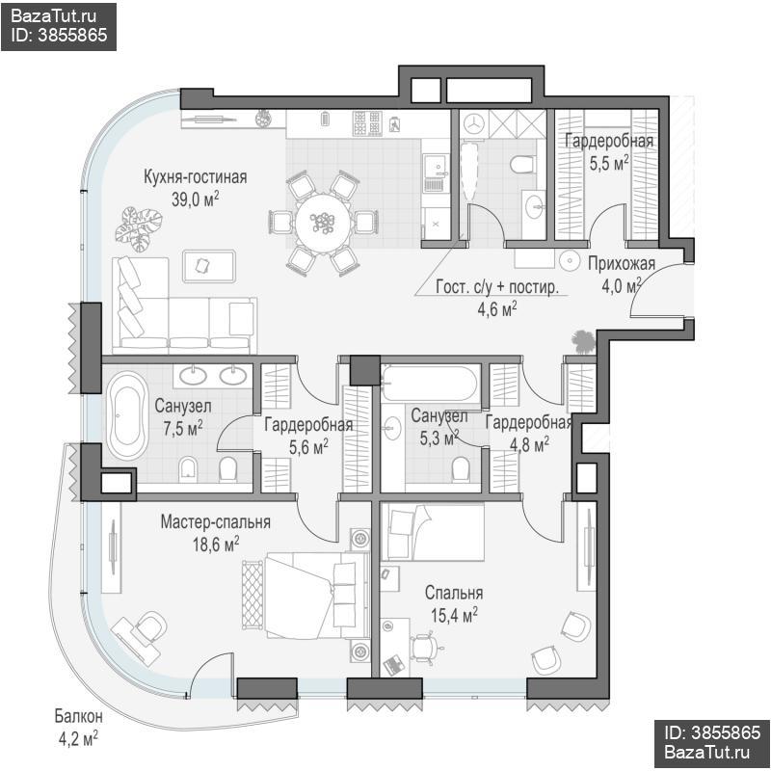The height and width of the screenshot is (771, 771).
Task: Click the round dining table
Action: click(x=323, y=224)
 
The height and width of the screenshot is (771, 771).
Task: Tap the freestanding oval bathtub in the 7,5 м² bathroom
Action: click(x=127, y=415)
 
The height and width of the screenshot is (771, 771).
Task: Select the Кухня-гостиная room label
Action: click(x=196, y=177)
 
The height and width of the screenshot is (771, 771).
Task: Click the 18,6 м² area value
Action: click(x=216, y=544)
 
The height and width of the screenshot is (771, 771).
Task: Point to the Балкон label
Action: click(x=79, y=716)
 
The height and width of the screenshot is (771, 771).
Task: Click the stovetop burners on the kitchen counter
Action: click(x=367, y=123)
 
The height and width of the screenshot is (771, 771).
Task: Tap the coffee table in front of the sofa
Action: click(x=209, y=266)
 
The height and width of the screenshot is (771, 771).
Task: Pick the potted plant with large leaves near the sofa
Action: click(x=138, y=228)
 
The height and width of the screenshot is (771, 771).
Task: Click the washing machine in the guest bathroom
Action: click(x=474, y=123)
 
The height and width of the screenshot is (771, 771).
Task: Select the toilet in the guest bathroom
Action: click(x=521, y=164)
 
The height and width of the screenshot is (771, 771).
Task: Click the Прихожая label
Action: click(x=622, y=263)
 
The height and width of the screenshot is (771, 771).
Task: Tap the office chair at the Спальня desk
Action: click(x=426, y=646)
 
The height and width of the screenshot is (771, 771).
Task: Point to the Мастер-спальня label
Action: click(x=215, y=521)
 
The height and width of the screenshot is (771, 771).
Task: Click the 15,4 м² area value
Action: click(x=454, y=615)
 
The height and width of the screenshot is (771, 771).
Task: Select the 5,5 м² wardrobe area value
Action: click(x=609, y=163)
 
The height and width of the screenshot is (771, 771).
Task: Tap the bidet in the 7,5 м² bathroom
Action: click(x=188, y=469)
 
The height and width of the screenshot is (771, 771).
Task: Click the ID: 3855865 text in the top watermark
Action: click(x=59, y=35)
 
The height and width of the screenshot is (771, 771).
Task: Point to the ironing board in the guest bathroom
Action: click(x=467, y=170)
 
